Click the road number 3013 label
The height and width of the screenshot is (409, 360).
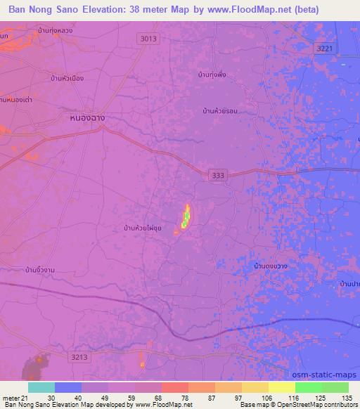[148, 39]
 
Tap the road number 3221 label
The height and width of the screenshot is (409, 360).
[323, 46]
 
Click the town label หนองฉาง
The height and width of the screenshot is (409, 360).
[88, 119]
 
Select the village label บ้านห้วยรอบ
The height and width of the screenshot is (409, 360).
[219, 111]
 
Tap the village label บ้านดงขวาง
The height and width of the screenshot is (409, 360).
[271, 267]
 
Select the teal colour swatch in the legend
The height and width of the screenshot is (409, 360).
[41, 387]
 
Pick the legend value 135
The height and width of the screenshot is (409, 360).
[345, 397]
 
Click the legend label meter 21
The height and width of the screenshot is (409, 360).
[14, 397]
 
